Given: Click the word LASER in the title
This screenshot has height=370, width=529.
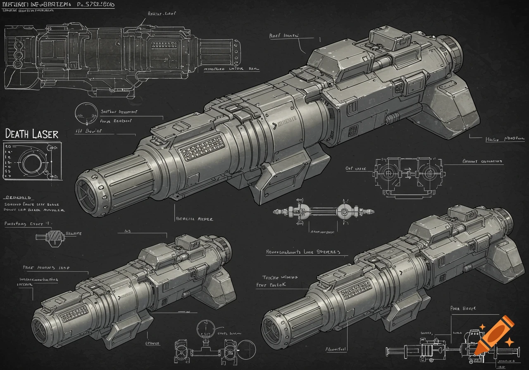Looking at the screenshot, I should (x=46, y=134).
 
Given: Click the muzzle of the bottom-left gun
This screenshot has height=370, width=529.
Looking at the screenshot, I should (x=42, y=329).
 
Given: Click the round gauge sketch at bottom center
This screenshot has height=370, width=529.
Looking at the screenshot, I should (x=203, y=329).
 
